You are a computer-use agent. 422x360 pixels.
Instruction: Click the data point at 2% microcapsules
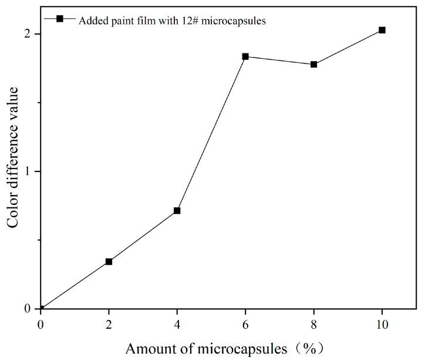click(x=109, y=261)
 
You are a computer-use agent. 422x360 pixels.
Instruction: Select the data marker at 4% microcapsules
click(x=177, y=210)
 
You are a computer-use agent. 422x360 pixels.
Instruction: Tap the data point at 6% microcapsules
click(x=245, y=56)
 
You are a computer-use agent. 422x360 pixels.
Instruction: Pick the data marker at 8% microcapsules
click(x=314, y=64)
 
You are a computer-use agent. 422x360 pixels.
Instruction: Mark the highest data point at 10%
click(x=382, y=30)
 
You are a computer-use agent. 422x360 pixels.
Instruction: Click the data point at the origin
click(x=40, y=308)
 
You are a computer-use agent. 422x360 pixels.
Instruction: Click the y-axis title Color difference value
click(x=14, y=157)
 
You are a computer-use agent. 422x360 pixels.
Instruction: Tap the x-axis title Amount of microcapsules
click(x=206, y=348)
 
